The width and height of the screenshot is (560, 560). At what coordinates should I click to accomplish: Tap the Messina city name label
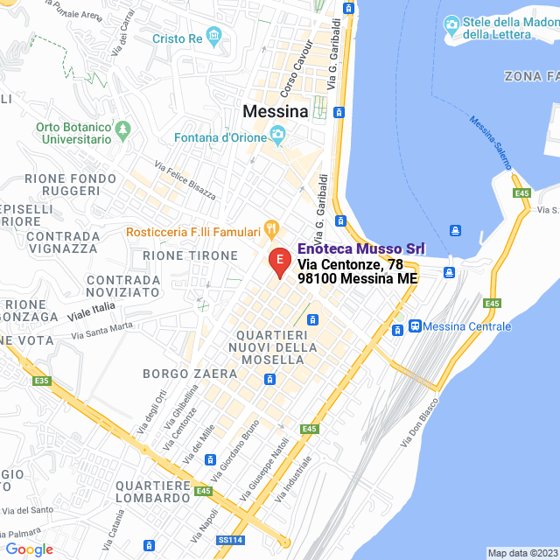(x=275, y=112)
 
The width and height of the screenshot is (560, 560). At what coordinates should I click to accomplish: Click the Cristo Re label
(x=178, y=38)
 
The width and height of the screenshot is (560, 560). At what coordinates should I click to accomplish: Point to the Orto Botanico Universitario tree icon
(x=123, y=129)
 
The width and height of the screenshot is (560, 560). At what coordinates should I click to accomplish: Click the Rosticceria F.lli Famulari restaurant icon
(x=271, y=231)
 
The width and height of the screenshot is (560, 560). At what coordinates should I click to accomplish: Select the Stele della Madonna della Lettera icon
(x=452, y=22)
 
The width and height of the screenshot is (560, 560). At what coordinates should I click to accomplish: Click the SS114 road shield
(x=230, y=540)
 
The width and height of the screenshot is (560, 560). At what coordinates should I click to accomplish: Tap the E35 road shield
(x=41, y=381)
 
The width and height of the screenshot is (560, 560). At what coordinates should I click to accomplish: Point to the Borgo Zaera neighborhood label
(x=190, y=374)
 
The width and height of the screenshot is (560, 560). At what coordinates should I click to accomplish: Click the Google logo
(x=29, y=549)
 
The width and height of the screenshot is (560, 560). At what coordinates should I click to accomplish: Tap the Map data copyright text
(x=521, y=553)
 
